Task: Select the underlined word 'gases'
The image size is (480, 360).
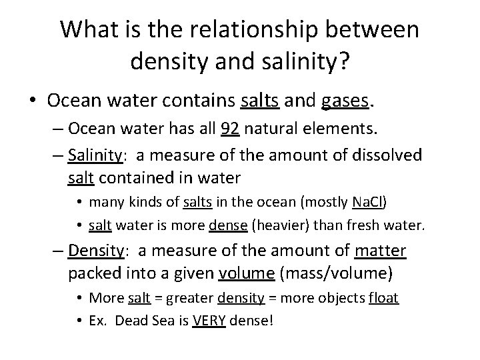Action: click(344, 101)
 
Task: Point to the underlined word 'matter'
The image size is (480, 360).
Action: click(380, 251)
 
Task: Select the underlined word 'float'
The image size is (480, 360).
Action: click(384, 297)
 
